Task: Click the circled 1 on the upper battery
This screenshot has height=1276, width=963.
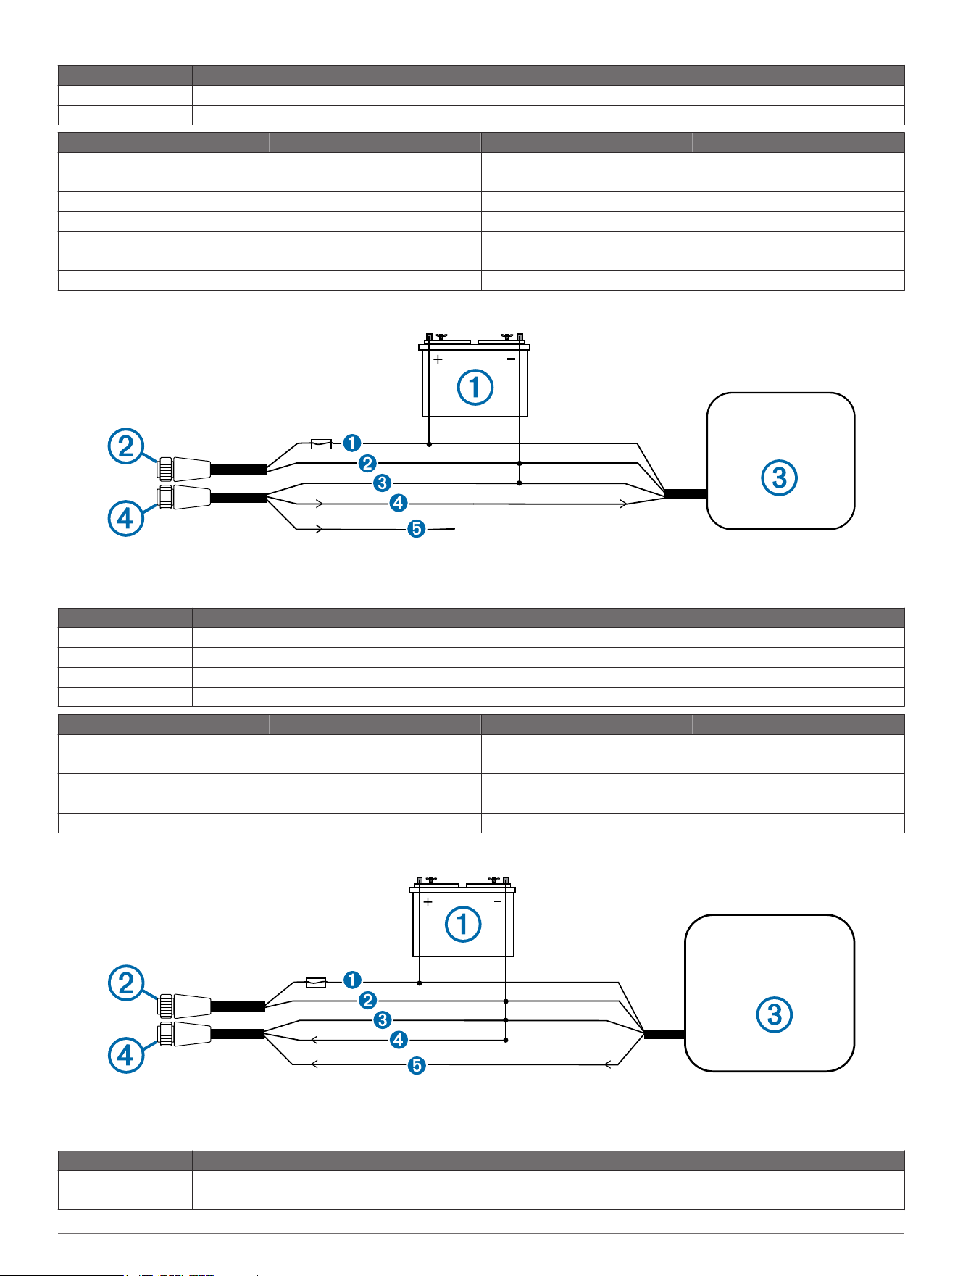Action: tap(475, 387)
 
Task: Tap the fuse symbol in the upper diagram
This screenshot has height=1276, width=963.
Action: tap(321, 443)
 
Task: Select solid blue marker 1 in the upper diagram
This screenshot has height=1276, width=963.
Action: tap(352, 443)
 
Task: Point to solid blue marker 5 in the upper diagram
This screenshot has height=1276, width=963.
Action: tap(416, 529)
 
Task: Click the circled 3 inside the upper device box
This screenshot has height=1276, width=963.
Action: tap(780, 478)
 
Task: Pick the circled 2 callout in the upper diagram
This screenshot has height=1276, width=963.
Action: tap(126, 446)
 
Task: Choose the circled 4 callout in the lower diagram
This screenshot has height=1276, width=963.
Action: tap(126, 1054)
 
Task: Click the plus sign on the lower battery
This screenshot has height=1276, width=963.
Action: tap(428, 902)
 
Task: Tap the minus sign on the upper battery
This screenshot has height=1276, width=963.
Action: tap(511, 359)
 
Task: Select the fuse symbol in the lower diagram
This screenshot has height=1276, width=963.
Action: tap(316, 983)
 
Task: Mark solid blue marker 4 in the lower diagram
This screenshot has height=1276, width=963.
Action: tap(398, 1040)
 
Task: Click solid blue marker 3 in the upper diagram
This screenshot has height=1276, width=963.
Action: tap(383, 482)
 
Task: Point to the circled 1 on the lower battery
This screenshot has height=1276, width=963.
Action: tap(463, 924)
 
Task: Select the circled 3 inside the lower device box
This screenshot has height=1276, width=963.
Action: tap(775, 1014)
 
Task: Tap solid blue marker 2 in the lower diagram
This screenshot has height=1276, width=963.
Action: tap(367, 1001)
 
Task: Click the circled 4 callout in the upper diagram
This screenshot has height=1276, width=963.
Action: tap(126, 519)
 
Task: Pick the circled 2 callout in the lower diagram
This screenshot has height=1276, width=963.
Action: tap(126, 983)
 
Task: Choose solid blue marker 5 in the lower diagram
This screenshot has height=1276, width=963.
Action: tap(417, 1065)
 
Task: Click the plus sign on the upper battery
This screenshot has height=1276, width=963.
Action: tap(438, 359)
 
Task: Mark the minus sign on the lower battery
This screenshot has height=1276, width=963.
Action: tap(498, 901)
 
